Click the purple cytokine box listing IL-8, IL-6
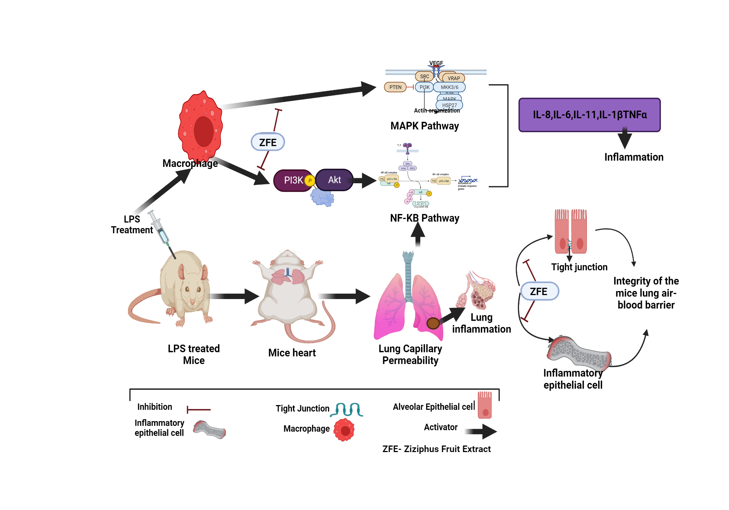[x=589, y=115]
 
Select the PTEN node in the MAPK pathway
[x=395, y=87]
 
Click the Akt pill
[x=334, y=180]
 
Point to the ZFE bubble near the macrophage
[x=268, y=142]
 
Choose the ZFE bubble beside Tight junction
[x=539, y=291]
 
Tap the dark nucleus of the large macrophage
[x=203, y=131]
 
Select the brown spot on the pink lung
[x=433, y=323]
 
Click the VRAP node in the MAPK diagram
[x=453, y=78]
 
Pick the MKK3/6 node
[x=449, y=87]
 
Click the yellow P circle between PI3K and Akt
[x=310, y=180]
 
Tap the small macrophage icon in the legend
[x=344, y=430]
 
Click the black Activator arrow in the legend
[x=481, y=432]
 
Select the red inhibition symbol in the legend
[x=199, y=410]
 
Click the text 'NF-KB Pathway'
[x=424, y=218]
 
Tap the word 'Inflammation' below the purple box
[x=634, y=157]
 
